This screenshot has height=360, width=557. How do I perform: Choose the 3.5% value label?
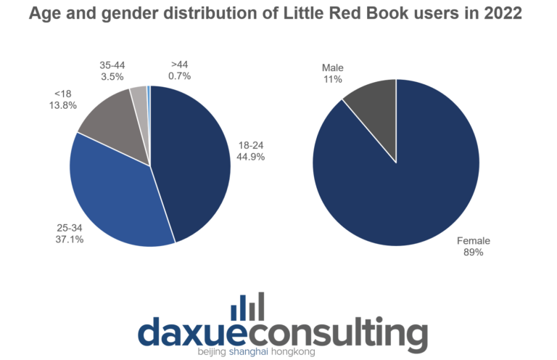112,75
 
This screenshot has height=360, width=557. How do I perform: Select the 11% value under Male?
332,79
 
